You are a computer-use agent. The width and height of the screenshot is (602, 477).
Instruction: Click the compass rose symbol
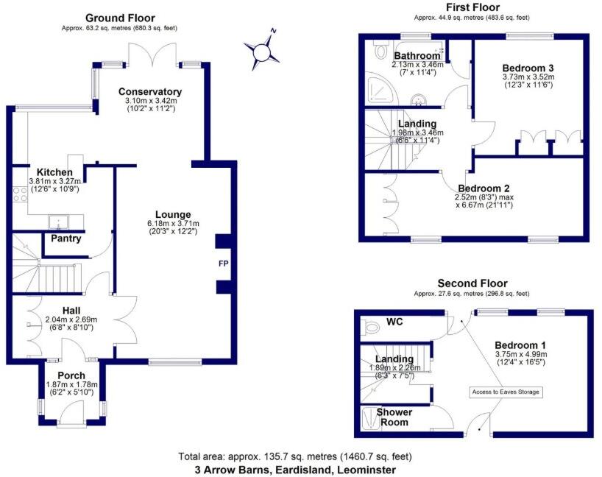(262, 51)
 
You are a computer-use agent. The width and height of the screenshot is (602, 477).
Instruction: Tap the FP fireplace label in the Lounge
(222, 264)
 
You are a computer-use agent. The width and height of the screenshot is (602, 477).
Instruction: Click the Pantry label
(65, 239)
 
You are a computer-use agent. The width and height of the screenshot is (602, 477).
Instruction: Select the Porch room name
(71, 375)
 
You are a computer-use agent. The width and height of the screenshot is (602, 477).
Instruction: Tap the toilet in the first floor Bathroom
(381, 50)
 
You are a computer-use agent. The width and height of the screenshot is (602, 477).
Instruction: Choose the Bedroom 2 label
(483, 188)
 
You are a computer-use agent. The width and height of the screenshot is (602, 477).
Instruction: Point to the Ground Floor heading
(120, 18)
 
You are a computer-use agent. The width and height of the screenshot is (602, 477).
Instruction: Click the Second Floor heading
(472, 283)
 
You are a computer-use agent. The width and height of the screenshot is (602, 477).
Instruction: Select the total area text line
(295, 456)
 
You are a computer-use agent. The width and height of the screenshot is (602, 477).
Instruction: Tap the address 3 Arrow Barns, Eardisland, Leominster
(295, 469)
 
